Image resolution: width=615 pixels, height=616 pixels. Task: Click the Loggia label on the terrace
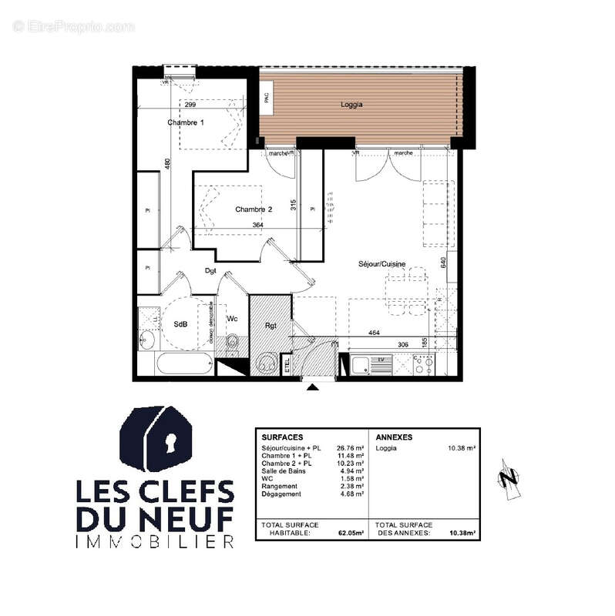pyautogui.click(x=351, y=104)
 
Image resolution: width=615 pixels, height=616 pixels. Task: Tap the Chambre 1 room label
pyautogui.click(x=186, y=122)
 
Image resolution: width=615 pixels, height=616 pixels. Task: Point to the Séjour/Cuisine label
pyautogui.click(x=382, y=264)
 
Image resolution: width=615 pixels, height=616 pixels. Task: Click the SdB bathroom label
pyautogui.click(x=180, y=324)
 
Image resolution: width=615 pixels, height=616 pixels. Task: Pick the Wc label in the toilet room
pyautogui.click(x=231, y=318)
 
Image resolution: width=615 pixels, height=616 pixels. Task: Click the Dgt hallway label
pyautogui.click(x=210, y=270)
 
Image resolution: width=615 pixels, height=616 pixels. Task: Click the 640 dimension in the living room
pyautogui.click(x=443, y=263)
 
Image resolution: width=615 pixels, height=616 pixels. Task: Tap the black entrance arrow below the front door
pyautogui.click(x=311, y=387)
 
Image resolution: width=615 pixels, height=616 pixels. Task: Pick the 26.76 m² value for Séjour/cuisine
pyautogui.click(x=350, y=448)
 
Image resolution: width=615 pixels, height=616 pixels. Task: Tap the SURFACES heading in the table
pyautogui.click(x=282, y=437)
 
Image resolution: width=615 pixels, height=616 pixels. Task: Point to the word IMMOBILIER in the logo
pyautogui.click(x=155, y=543)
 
